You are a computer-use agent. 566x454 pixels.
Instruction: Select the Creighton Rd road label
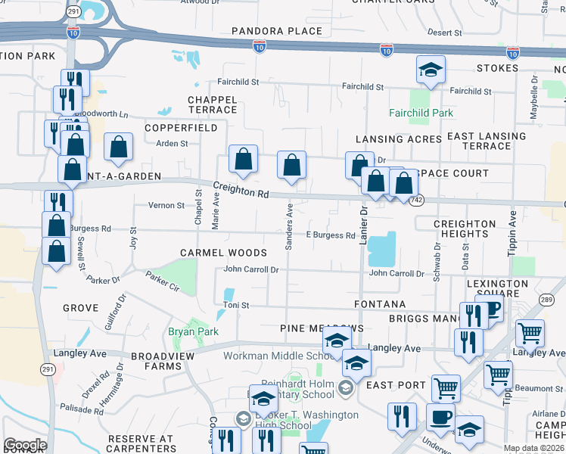click(x=241, y=190)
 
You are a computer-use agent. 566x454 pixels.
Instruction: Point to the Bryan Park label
click(x=193, y=331)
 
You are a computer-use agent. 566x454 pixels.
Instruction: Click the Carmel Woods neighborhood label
click(x=223, y=253)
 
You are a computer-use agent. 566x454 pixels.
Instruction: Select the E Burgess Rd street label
click(x=331, y=235)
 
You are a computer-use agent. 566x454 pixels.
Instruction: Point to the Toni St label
click(x=236, y=305)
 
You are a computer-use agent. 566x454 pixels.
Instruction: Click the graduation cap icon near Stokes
click(x=431, y=71)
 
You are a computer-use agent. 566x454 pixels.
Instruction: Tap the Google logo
click(x=25, y=445)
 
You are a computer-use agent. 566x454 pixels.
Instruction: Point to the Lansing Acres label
click(x=398, y=139)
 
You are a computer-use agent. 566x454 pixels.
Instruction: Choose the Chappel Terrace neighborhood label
click(x=213, y=104)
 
